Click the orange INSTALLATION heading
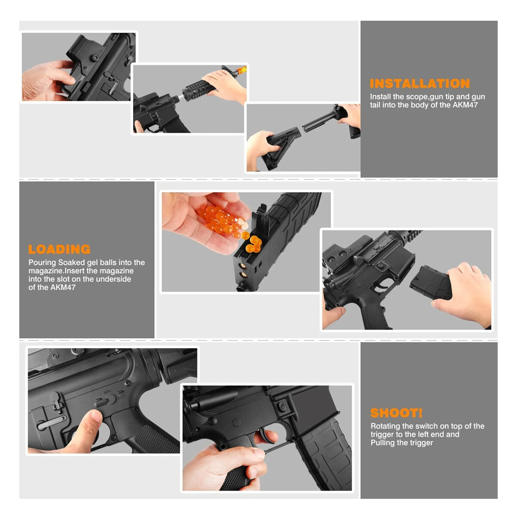coord(420,83)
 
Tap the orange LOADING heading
coord(60,250)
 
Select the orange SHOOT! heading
coord(396,413)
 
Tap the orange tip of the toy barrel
coord(242,70)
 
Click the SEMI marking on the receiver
coord(107,392)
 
